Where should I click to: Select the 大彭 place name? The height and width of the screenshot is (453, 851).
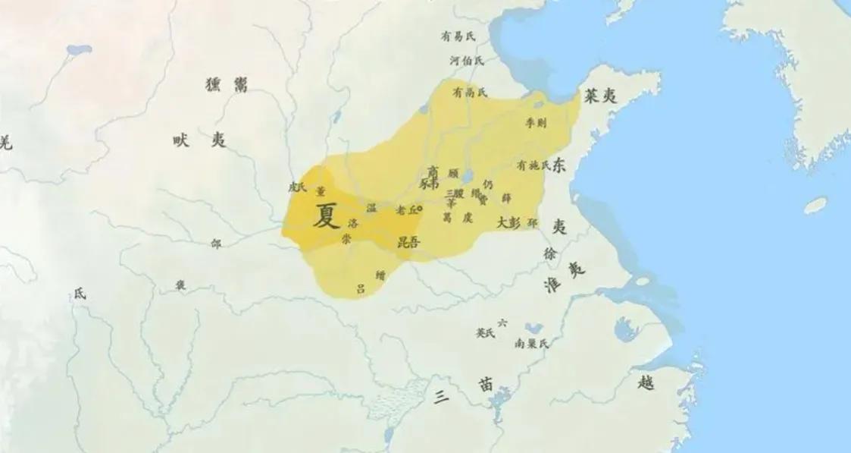pos(508,223)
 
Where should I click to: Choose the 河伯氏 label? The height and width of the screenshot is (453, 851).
pos(466,60)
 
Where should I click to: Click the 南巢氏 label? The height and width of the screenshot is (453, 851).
pos(532,343)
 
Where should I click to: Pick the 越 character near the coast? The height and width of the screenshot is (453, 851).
pos(646,383)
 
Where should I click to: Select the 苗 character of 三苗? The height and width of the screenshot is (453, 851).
pos(486,385)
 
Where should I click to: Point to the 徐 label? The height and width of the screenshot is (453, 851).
pos(550,254)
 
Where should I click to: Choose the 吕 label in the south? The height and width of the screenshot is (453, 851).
pos(361,288)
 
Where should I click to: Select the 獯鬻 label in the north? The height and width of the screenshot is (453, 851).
pos(227,85)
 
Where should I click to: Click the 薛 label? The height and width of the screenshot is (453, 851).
pos(506,198)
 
